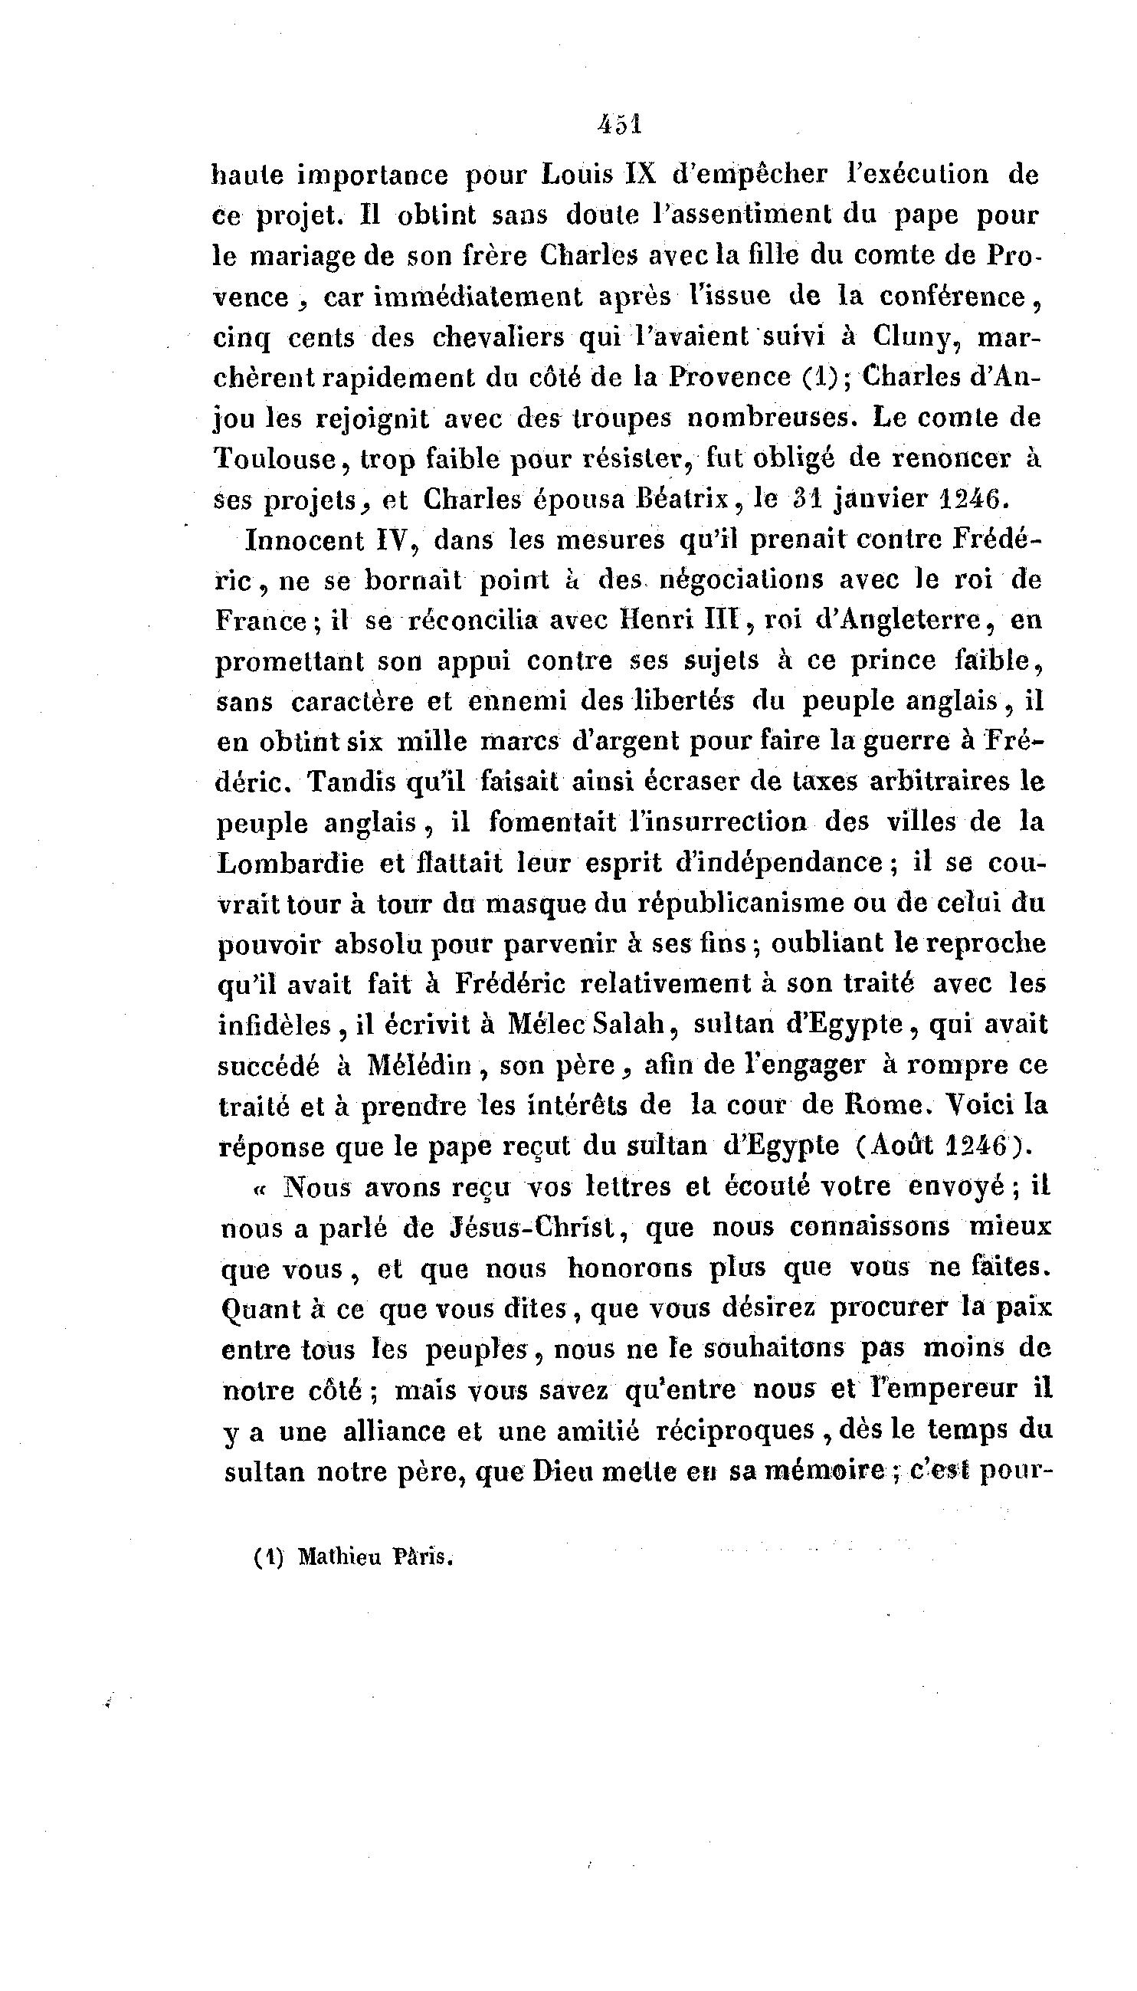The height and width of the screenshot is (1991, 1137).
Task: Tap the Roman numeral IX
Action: (x=639, y=174)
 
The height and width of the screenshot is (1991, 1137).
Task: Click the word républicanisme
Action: (x=758, y=904)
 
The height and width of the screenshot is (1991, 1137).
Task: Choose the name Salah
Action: (x=633, y=1024)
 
